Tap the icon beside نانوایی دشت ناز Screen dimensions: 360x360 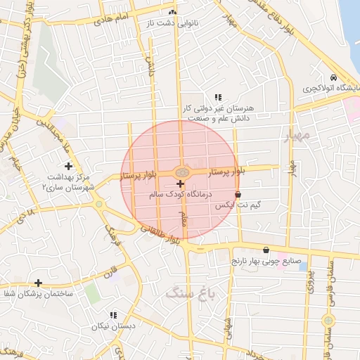(172, 13)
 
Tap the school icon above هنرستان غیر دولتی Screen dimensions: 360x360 (218, 97)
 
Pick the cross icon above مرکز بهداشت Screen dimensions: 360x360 (68, 166)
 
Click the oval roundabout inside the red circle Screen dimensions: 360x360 (181, 172)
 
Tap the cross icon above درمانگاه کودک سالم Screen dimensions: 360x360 (181, 183)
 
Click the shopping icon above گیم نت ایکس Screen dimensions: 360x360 (238, 194)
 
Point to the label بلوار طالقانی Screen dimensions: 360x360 (160, 234)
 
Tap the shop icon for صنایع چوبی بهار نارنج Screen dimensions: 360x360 (266, 250)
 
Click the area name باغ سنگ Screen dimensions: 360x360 (185, 292)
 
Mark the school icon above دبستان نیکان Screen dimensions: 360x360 (113, 315)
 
